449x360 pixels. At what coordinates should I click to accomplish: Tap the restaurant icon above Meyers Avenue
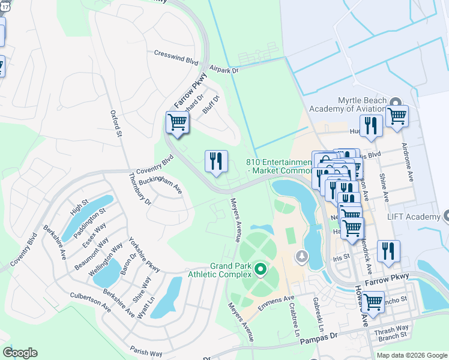tap(216, 161)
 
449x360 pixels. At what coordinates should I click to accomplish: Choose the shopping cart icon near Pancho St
tap(373, 302)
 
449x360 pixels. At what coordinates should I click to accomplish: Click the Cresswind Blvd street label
tap(176, 61)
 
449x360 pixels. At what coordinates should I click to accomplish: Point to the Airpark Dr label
tap(223, 70)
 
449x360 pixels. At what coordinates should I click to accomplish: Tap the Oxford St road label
tap(116, 123)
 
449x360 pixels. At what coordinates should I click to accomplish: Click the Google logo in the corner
tap(20, 352)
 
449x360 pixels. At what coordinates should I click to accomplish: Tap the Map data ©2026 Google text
tap(411, 355)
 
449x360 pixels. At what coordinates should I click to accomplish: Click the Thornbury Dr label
tap(139, 190)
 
